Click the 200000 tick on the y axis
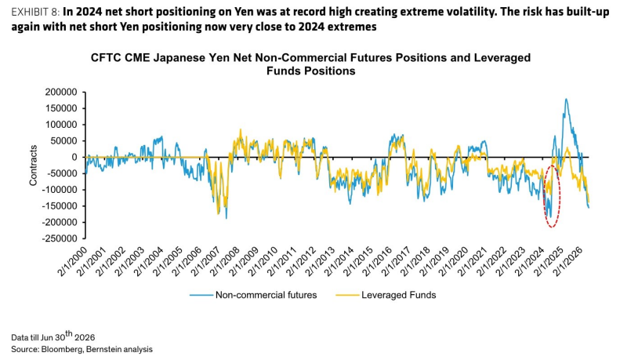point(61,93)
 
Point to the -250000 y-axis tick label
point(60,238)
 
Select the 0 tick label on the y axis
point(74,158)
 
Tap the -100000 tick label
point(60,190)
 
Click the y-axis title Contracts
point(33,165)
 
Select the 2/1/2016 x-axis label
point(377,262)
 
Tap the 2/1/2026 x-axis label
point(567,262)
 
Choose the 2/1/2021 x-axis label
point(472,262)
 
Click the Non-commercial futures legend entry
point(253,295)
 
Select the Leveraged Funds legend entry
point(386,295)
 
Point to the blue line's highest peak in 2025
point(566,99)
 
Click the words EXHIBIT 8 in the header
point(35,13)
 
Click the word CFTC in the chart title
point(106,58)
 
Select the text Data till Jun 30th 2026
point(53,336)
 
